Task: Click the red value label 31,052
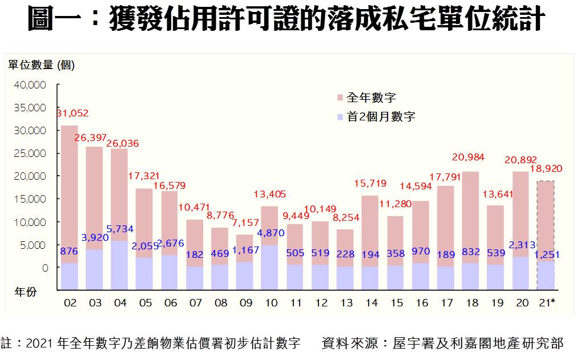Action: (72, 113)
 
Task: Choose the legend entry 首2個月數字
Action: (381, 117)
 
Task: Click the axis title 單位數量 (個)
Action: (41, 65)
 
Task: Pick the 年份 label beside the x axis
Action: (26, 292)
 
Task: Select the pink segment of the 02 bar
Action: (70, 194)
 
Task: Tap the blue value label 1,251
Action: (546, 254)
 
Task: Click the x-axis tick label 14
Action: (371, 303)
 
